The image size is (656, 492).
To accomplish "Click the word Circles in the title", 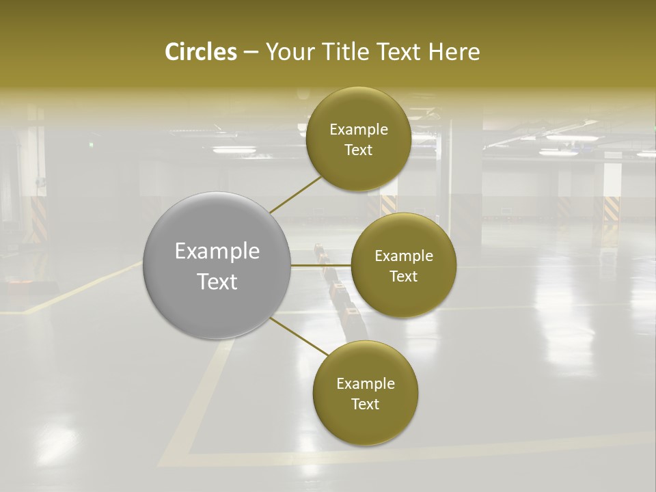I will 200,52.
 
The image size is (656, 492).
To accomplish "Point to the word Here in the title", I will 454,52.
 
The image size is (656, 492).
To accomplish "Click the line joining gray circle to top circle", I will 295,194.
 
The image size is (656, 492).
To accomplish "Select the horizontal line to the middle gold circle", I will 321,265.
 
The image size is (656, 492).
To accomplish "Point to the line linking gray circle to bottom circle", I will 299,336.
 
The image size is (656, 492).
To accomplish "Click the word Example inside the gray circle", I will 217,251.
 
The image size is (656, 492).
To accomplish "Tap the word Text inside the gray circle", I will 217,282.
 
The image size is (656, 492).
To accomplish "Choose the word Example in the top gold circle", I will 359,130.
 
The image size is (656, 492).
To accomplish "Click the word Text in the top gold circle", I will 359,150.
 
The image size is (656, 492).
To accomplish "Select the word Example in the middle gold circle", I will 404,256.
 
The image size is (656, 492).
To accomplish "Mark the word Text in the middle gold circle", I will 404,277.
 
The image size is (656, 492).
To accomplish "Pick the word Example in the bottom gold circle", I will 366,384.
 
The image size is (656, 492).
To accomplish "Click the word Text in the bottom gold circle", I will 366,405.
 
